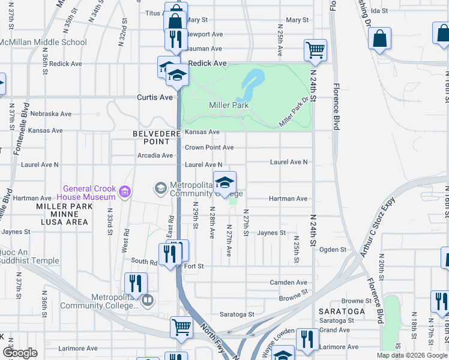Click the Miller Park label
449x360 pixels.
[228, 106]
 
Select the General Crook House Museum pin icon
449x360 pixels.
[125, 192]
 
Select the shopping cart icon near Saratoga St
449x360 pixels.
[181, 328]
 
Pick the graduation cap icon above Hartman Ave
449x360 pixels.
[224, 182]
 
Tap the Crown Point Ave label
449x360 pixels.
[209, 148]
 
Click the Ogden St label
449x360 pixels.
[333, 250]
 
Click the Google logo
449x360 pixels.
[20, 353]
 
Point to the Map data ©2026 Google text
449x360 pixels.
[411, 355]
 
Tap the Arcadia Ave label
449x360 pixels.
[155, 155]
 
